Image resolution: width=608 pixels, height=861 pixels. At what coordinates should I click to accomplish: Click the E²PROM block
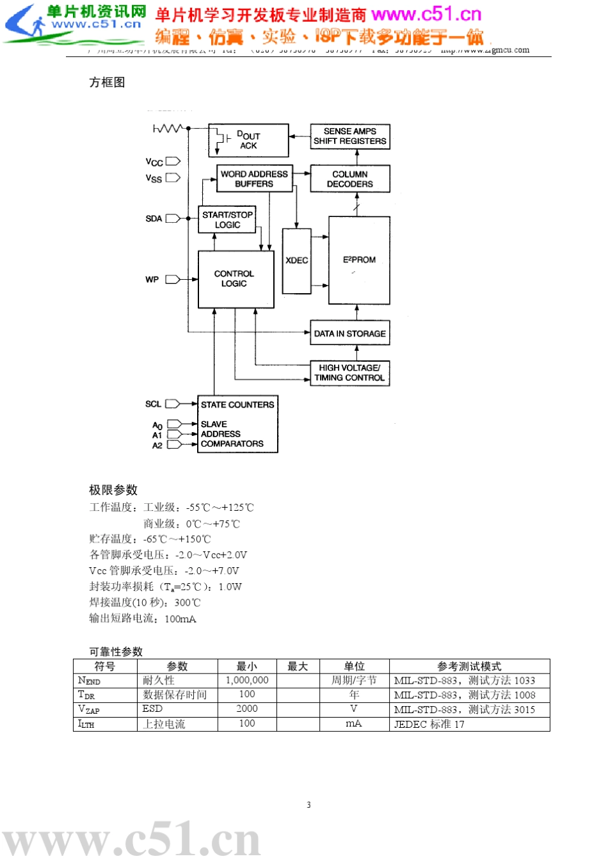(359, 260)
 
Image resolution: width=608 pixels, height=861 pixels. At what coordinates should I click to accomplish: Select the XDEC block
(296, 261)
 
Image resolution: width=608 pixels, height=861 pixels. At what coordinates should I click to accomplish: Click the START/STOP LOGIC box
(227, 220)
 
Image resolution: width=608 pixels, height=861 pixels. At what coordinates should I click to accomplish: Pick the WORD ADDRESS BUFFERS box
(254, 179)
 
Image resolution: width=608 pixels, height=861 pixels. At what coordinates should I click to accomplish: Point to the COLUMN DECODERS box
(349, 179)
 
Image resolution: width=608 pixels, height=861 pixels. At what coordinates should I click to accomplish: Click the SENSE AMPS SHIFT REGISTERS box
(349, 136)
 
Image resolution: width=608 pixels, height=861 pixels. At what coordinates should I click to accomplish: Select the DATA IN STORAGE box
(349, 334)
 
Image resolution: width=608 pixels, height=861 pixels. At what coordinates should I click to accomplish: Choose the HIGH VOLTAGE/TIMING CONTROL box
(349, 373)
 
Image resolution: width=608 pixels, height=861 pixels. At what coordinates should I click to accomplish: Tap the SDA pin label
(154, 218)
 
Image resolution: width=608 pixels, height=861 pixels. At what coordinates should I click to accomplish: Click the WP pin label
(152, 279)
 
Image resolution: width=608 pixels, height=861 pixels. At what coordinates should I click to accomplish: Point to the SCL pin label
(153, 404)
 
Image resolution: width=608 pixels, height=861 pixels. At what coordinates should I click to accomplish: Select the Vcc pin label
(154, 162)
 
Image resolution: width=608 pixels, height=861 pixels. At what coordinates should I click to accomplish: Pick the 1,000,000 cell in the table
(247, 680)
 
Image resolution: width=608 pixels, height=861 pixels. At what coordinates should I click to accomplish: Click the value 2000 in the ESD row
(247, 709)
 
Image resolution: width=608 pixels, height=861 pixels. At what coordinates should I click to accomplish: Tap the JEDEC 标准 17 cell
(429, 724)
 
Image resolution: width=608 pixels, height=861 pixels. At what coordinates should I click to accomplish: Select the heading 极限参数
(113, 490)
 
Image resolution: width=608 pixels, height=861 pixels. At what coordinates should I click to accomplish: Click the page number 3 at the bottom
(308, 805)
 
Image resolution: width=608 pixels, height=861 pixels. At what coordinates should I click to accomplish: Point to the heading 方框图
(107, 82)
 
